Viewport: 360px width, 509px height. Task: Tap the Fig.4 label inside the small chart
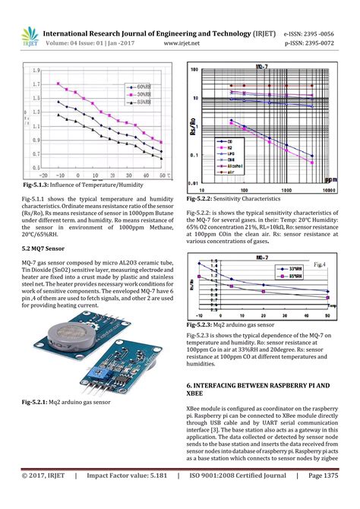point(321,265)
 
